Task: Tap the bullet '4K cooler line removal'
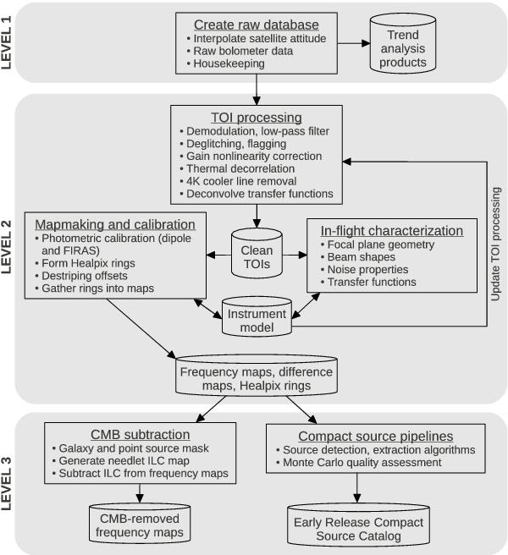(x=244, y=181)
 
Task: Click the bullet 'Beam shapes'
(x=359, y=256)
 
